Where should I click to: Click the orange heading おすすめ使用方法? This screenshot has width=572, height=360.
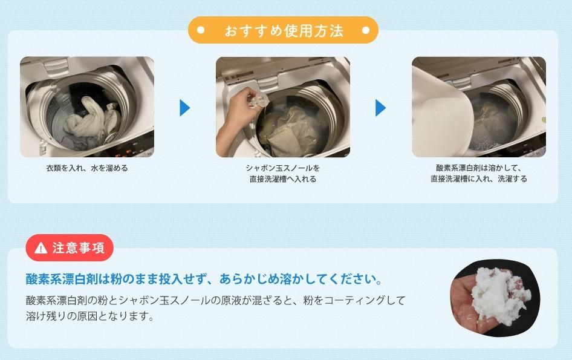[x=284, y=31]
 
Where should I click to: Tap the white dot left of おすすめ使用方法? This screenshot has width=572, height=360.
[x=200, y=30]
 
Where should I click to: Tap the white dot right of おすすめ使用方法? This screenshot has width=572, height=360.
[x=366, y=30]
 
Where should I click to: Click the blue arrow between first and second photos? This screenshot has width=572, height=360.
[x=185, y=108]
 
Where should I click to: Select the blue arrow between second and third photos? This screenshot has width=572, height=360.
[x=381, y=108]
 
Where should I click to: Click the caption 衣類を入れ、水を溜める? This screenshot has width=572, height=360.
[x=87, y=168]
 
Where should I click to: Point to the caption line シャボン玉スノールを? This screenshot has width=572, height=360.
[x=283, y=168]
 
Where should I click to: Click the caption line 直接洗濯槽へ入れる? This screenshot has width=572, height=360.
[x=283, y=179]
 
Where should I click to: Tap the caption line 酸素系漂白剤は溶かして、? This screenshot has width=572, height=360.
[x=479, y=168]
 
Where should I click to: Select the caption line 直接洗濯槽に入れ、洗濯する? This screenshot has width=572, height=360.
[x=479, y=179]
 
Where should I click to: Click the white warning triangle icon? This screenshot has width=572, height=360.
[x=41, y=248]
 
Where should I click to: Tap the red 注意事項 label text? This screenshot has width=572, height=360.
[x=79, y=248]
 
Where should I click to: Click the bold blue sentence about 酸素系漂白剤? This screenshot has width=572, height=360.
[x=204, y=280]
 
